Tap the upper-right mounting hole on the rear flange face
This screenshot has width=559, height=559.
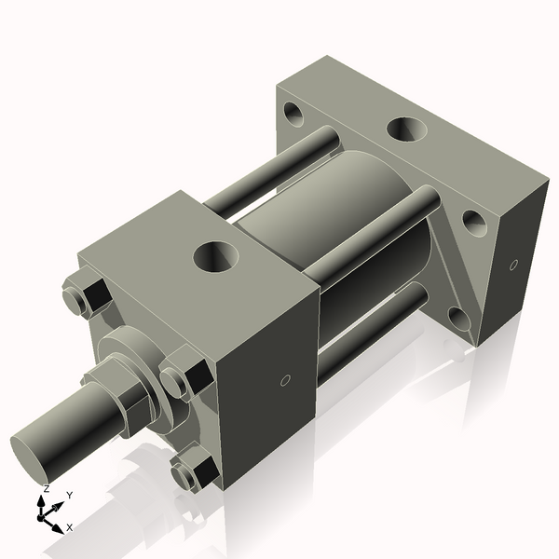(x=474, y=221)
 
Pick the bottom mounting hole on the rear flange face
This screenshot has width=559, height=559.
(x=460, y=319)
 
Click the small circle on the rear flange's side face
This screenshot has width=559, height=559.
(x=512, y=266)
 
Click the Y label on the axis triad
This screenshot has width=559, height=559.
(x=69, y=495)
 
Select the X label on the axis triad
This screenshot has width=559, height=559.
(x=69, y=527)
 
